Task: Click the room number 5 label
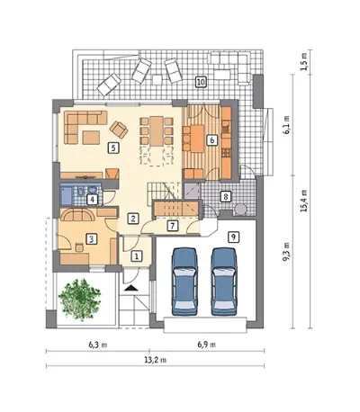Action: pos(113,148)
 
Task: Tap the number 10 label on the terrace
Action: pos(201,82)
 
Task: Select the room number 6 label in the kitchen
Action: pos(212,140)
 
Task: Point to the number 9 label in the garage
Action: pos(233,237)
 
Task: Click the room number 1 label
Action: pos(137,256)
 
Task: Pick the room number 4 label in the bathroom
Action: pos(93,200)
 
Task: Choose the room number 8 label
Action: pos(225,197)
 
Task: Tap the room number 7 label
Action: pos(173,226)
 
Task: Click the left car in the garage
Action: pos(184,282)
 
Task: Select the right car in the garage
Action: pos(224,282)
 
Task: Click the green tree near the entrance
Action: pos(80,300)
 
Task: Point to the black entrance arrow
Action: pos(130,288)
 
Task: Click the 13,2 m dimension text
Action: pos(156,360)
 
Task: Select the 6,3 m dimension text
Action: pos(98,345)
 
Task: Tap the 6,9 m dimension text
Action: pos(207,345)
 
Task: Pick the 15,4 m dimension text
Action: pos(304,201)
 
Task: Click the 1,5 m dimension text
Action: pos(304,62)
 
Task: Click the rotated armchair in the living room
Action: pos(119,130)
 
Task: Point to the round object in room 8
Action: pos(240,210)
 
